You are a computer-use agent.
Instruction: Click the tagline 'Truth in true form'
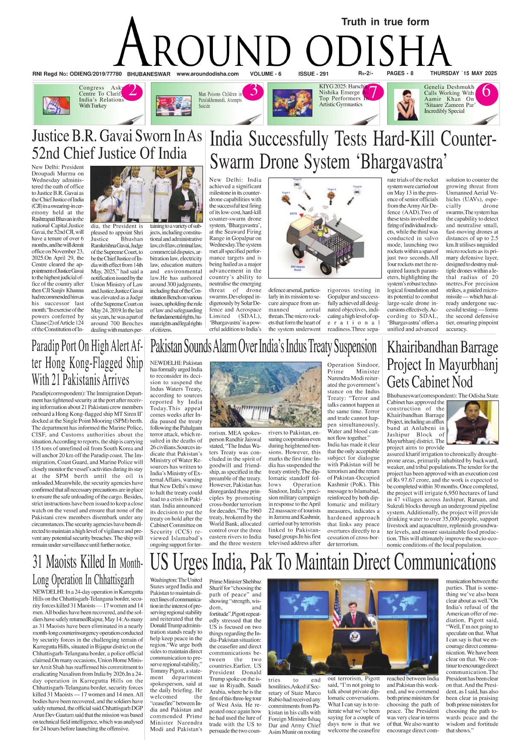point(385,22)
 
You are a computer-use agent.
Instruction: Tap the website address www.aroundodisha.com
point(207,74)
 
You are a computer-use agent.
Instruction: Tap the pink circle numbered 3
point(253,91)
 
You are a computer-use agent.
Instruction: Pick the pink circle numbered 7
point(372,92)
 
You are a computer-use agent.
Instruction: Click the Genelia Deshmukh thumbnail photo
point(404,104)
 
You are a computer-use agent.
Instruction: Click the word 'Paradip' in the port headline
point(47,346)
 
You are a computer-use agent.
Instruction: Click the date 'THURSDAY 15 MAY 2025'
point(463,73)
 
